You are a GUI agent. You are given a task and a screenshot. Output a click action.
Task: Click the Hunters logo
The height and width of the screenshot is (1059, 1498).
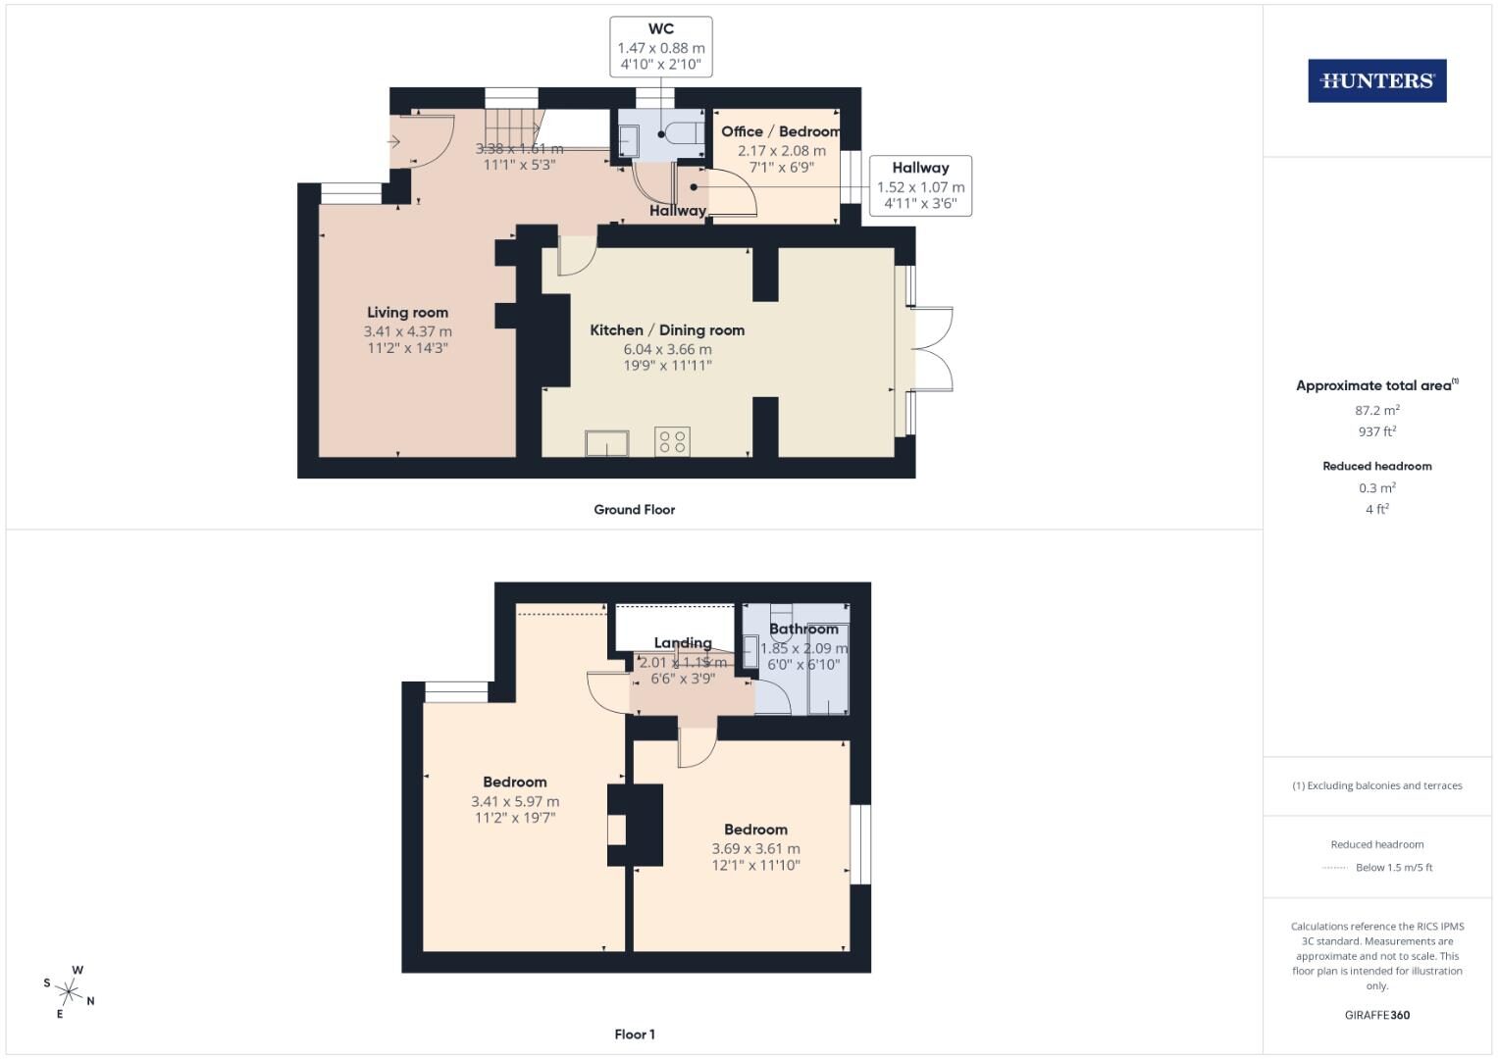tap(1376, 81)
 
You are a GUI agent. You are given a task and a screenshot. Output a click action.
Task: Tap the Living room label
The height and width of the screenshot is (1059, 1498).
tap(407, 313)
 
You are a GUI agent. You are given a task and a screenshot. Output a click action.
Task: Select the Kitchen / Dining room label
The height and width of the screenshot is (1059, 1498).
tap(667, 330)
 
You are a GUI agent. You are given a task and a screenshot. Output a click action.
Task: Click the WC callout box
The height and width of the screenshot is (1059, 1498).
tap(661, 47)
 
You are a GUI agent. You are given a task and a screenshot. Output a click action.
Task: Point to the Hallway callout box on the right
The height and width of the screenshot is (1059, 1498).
tap(920, 185)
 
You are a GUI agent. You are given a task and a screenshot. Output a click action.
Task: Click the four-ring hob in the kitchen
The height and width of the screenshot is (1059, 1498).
tap(672, 441)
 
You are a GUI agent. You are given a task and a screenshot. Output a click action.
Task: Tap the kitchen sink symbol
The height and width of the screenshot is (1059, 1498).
tap(607, 443)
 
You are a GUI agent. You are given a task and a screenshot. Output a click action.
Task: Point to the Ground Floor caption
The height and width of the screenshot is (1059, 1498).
tap(634, 510)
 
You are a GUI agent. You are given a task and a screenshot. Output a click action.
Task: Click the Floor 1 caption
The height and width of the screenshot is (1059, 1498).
tap(635, 1034)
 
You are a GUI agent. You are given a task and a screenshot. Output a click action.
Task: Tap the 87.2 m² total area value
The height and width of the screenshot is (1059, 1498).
tap(1376, 411)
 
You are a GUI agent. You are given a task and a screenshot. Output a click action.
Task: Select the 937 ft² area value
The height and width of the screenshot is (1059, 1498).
tap(1376, 431)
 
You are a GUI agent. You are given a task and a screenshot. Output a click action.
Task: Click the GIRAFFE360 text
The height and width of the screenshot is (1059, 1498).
tap(1376, 1015)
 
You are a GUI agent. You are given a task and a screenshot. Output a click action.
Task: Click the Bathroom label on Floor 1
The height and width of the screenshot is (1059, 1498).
tap(803, 630)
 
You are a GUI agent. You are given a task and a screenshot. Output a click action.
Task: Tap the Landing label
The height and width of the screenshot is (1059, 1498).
tap(683, 643)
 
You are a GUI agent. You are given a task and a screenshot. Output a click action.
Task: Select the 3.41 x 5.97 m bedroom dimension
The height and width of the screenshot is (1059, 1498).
tap(515, 801)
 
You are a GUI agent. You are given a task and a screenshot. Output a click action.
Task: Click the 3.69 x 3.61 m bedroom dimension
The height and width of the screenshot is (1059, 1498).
tap(755, 848)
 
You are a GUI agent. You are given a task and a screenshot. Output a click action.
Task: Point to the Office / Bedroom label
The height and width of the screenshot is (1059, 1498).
tap(781, 131)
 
